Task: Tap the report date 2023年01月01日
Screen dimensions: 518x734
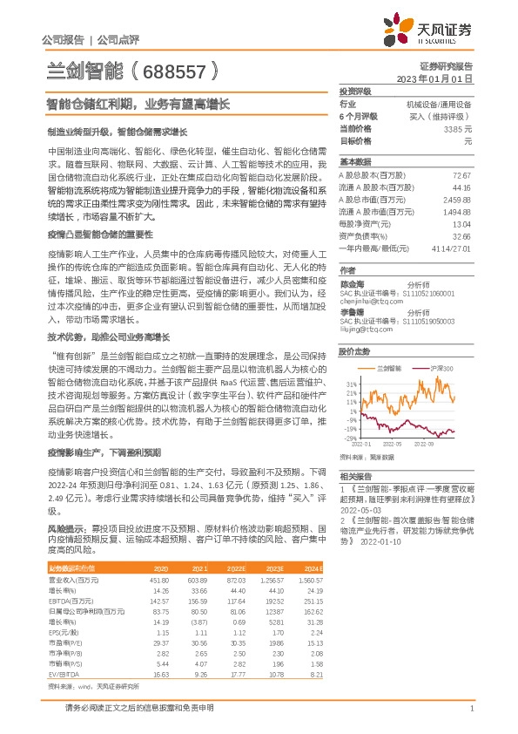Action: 434,78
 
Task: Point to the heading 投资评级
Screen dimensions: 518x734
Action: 355,91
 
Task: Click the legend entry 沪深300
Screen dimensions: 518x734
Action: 441,370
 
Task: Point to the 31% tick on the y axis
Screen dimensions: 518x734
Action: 351,384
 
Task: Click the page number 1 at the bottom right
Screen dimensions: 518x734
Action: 471,708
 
